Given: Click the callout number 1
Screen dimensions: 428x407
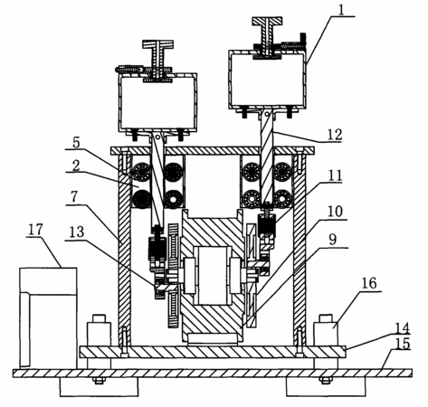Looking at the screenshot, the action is pyautogui.click(x=341, y=10).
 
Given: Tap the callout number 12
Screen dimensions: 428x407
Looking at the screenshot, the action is pyautogui.click(x=334, y=135).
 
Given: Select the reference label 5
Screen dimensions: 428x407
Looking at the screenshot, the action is pyautogui.click(x=76, y=142).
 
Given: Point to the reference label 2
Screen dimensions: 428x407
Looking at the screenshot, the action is pyautogui.click(x=76, y=166).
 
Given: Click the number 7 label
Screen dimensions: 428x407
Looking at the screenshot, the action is pyautogui.click(x=74, y=197).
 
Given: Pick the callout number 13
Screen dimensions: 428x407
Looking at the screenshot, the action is pyautogui.click(x=77, y=232).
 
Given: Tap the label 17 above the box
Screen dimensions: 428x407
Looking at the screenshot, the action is pyautogui.click(x=35, y=230).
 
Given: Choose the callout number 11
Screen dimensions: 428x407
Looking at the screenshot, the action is pyautogui.click(x=335, y=175).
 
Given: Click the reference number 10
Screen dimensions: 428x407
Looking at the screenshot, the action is pyautogui.click(x=335, y=212).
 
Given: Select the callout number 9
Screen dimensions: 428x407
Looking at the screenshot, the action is pyautogui.click(x=332, y=240).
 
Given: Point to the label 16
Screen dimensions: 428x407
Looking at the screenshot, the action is pyautogui.click(x=369, y=283).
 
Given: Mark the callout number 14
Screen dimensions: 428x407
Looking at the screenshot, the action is pyautogui.click(x=403, y=328).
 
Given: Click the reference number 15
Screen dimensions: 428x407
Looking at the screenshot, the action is pyautogui.click(x=403, y=344).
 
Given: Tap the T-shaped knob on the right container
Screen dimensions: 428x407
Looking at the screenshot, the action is pyautogui.click(x=268, y=35).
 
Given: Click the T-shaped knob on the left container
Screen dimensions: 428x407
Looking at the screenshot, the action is pyautogui.click(x=157, y=58).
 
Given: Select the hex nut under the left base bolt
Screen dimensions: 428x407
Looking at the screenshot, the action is pyautogui.click(x=99, y=381).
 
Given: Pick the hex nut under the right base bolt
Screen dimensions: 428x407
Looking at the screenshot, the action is pyautogui.click(x=326, y=381).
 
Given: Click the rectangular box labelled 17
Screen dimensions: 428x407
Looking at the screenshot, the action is pyautogui.click(x=48, y=317).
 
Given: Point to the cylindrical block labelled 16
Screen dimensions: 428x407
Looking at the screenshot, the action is pyautogui.click(x=326, y=330).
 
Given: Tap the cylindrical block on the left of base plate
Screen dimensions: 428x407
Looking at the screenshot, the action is pyautogui.click(x=99, y=330).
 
